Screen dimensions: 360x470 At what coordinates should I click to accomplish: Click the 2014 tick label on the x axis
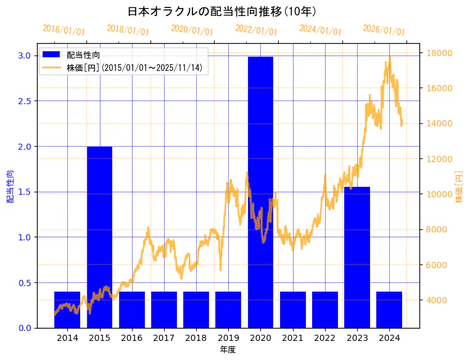(67, 338)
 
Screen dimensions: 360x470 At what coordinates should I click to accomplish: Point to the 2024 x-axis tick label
(389, 338)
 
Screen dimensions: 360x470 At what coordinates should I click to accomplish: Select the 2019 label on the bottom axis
(228, 338)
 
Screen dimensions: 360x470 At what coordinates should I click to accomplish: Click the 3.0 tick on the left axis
(24, 55)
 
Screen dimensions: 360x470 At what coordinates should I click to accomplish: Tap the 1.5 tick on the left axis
(24, 192)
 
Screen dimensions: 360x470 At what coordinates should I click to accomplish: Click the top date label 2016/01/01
(64, 30)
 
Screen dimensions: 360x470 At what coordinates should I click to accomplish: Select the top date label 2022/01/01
(256, 30)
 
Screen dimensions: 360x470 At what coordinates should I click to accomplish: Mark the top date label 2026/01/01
(384, 30)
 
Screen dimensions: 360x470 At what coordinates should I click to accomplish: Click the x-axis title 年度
(228, 350)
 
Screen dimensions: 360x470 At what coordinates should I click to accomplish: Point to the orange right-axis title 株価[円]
(459, 187)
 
